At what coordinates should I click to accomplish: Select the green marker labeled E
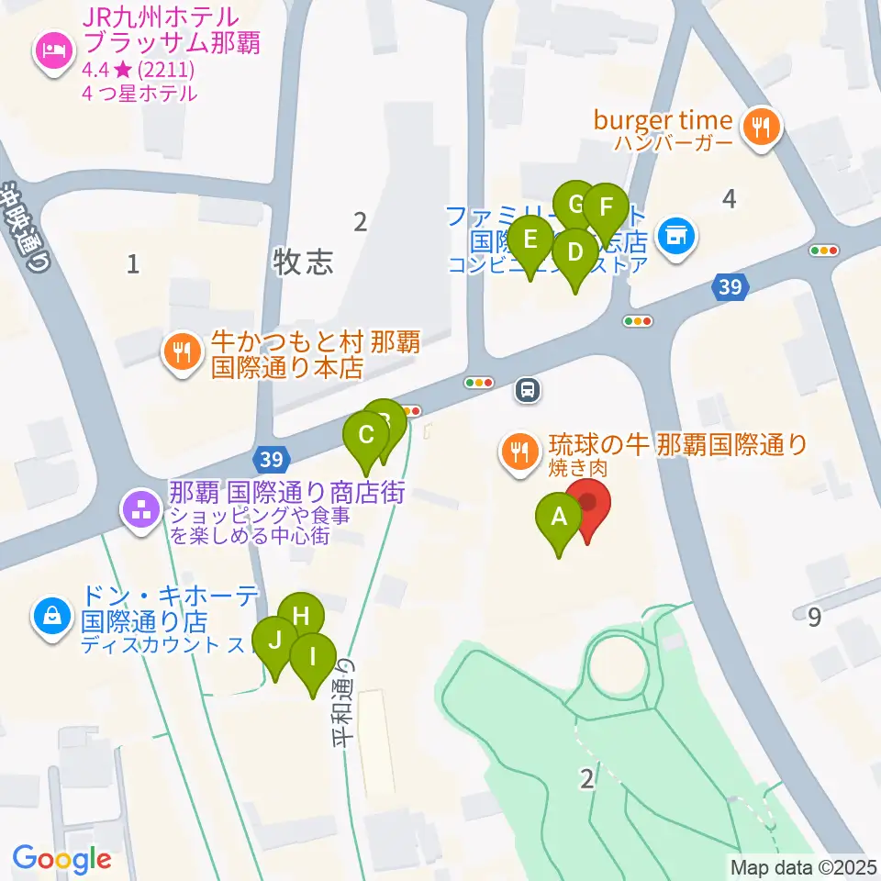[x=530, y=240]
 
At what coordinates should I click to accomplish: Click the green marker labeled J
[x=274, y=641]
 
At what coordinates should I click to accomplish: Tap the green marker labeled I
[x=312, y=656]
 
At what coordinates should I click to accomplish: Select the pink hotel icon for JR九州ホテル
[x=50, y=48]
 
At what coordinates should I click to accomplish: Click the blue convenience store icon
[x=677, y=237]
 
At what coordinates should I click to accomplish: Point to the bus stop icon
[x=528, y=391]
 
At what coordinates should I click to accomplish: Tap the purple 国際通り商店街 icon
[x=141, y=511]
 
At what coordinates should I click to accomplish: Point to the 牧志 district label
[x=303, y=263]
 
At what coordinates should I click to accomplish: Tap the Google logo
[x=61, y=860]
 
